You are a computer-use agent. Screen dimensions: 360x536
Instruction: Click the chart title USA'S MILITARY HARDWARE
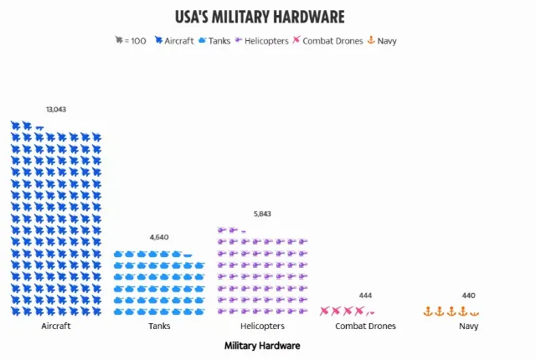(260, 17)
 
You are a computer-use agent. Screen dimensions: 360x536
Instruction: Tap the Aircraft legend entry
(174, 40)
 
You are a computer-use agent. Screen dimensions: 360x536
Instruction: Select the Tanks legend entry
(214, 40)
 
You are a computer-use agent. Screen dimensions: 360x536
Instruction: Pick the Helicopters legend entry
(261, 40)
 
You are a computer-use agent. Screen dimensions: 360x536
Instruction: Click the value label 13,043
(56, 110)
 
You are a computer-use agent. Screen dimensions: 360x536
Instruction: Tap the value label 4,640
(159, 237)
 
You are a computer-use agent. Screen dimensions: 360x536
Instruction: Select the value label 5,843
(262, 214)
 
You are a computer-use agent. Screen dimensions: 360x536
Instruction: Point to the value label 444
(365, 296)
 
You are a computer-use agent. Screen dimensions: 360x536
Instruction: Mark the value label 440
(468, 296)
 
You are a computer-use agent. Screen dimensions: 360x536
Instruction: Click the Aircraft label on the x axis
(56, 326)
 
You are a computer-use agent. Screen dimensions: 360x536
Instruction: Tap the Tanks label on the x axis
(159, 326)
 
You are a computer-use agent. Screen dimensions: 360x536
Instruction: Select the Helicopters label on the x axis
(262, 326)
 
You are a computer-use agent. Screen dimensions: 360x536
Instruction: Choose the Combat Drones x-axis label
(365, 326)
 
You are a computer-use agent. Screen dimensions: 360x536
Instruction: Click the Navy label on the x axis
(468, 326)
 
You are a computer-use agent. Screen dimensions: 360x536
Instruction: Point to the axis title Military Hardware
(262, 345)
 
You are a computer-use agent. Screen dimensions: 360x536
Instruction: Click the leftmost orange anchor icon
(428, 311)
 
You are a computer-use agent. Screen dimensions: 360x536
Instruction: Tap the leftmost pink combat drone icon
(325, 311)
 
